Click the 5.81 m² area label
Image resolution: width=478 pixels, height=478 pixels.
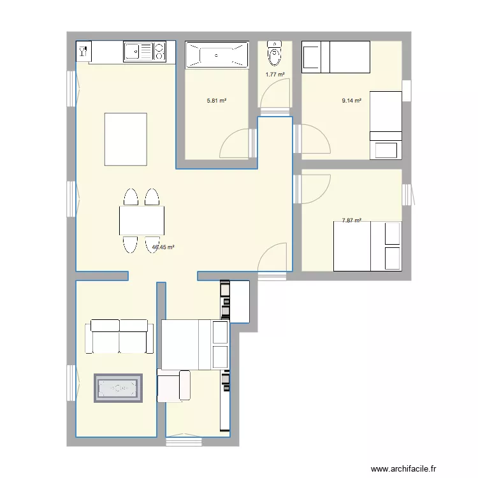click(x=217, y=101)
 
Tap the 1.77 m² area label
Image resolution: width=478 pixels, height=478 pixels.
click(x=275, y=75)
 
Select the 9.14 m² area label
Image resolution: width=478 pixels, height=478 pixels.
click(x=352, y=101)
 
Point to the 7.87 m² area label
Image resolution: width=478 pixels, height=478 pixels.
click(x=351, y=221)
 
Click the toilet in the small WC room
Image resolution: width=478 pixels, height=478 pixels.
click(x=275, y=54)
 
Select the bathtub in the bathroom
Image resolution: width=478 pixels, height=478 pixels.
click(x=217, y=55)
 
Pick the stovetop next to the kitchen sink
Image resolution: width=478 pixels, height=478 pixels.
click(x=159, y=50)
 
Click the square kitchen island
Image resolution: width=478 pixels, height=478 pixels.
click(x=126, y=138)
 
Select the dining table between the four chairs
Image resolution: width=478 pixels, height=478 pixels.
click(x=141, y=221)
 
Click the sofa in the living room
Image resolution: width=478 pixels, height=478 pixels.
click(x=120, y=337)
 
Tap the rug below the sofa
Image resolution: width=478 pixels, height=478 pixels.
click(x=119, y=388)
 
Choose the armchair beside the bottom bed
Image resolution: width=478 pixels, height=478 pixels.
click(x=173, y=386)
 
